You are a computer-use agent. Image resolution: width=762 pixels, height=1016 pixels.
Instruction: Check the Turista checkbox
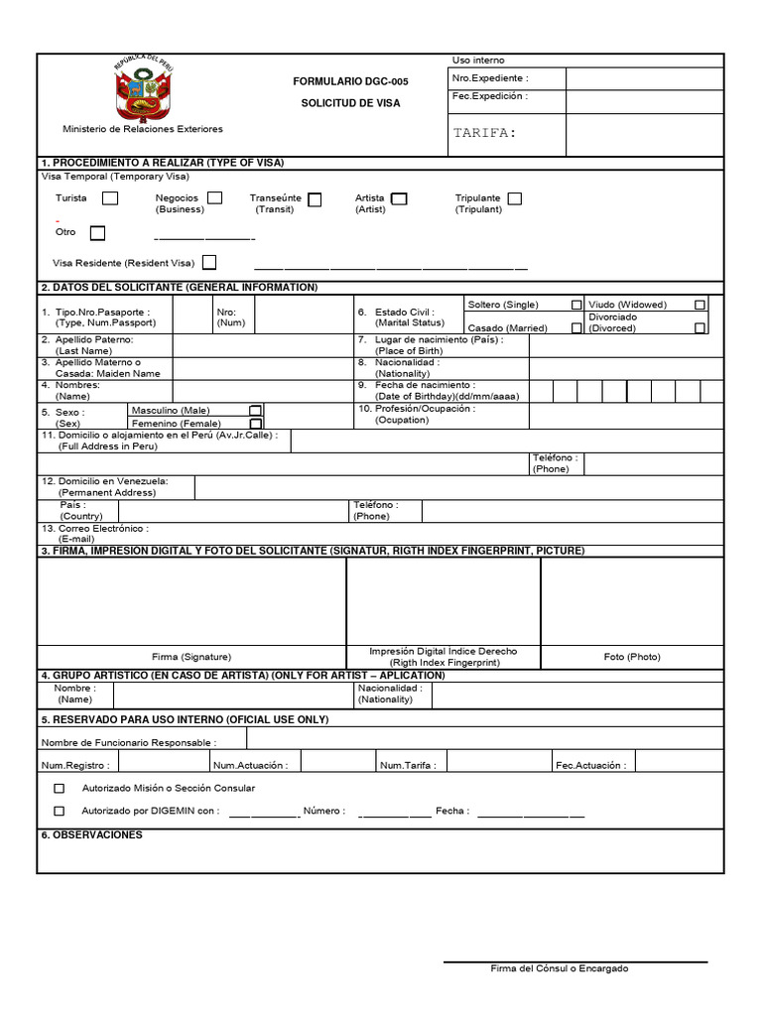pyautogui.click(x=110, y=198)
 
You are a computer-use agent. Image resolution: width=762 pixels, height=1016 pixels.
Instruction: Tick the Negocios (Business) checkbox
pyautogui.click(x=214, y=197)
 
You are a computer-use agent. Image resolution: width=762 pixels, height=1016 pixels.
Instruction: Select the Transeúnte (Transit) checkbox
pyautogui.click(x=315, y=199)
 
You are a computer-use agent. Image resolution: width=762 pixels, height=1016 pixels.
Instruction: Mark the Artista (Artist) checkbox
pyautogui.click(x=399, y=198)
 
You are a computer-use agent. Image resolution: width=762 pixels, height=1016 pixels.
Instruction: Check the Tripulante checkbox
pyautogui.click(x=514, y=198)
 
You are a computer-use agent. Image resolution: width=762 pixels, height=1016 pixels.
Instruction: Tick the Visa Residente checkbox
pyautogui.click(x=209, y=263)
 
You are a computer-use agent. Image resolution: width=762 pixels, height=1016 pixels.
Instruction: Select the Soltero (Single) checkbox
pyautogui.click(x=576, y=305)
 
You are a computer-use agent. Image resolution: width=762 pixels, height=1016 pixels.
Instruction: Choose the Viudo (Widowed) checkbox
pyautogui.click(x=700, y=305)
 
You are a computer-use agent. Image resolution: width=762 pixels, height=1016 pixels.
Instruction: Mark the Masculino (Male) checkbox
pyautogui.click(x=255, y=410)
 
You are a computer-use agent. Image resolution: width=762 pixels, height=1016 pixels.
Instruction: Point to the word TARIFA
pyautogui.click(x=484, y=133)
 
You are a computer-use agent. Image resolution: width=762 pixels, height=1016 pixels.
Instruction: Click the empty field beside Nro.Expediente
pyautogui.click(x=644, y=78)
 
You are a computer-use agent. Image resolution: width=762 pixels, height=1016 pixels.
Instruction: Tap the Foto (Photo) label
pyautogui.click(x=632, y=657)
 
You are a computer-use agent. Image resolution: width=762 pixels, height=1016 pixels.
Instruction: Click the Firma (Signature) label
pyautogui.click(x=191, y=657)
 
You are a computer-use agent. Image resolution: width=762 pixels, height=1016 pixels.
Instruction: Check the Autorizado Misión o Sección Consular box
pyautogui.click(x=59, y=788)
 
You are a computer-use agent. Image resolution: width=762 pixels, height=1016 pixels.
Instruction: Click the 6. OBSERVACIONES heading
pyautogui.click(x=91, y=835)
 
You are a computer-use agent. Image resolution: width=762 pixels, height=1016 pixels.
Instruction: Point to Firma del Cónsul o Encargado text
pyautogui.click(x=560, y=968)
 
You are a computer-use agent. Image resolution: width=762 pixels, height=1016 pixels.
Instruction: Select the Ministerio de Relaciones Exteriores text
pyautogui.click(x=143, y=129)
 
